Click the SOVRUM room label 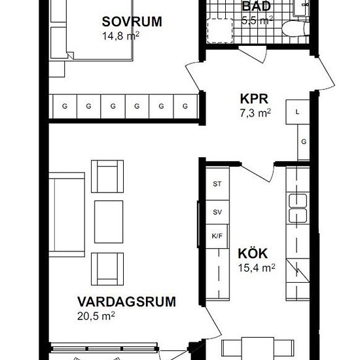pyautogui.click(x=132, y=22)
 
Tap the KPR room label pyautogui.click(x=254, y=99)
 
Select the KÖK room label pyautogui.click(x=253, y=253)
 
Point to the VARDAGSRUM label pyautogui.click(x=126, y=302)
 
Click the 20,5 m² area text pyautogui.click(x=96, y=316)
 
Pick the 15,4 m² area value pyautogui.click(x=257, y=268)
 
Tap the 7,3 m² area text pyautogui.click(x=255, y=113)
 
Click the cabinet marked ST pyautogui.click(x=217, y=184)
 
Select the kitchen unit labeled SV pyautogui.click(x=217, y=212)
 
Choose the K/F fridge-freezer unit pyautogui.click(x=217, y=236)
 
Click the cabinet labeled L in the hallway pyautogui.click(x=298, y=112)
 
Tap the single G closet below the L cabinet pyautogui.click(x=304, y=142)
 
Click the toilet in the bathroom pyautogui.click(x=295, y=28)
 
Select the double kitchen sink pyautogui.click(x=298, y=208)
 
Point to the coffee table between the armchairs pyautogui.click(x=109, y=222)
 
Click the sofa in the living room pyautogui.click(x=67, y=215)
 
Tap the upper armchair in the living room pyautogui.click(x=107, y=176)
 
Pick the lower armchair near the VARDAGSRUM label pyautogui.click(x=107, y=269)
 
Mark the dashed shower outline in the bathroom pyautogui.click(x=220, y=31)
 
